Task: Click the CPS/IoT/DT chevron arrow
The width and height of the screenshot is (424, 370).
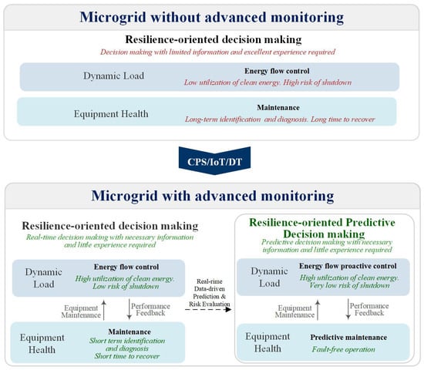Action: [214, 160]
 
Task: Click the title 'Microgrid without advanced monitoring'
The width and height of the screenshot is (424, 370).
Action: [212, 17]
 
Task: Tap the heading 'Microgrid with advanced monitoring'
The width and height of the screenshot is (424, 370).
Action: [213, 196]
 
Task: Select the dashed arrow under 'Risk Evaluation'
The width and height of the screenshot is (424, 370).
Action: [208, 309]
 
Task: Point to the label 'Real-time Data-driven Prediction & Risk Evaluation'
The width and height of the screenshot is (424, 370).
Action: [209, 293]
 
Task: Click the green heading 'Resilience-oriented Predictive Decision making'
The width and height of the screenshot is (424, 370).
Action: [322, 228]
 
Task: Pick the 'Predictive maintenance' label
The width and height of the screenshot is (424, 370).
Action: [348, 338]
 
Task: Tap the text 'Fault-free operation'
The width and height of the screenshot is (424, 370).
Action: [343, 349]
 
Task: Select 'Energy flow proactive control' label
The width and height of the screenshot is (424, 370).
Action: [348, 266]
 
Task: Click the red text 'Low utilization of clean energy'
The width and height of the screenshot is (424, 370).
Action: [232, 82]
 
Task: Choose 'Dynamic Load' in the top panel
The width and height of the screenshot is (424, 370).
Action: [113, 76]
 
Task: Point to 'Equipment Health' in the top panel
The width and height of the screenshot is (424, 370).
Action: [111, 114]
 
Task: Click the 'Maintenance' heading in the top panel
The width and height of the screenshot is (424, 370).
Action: [278, 108]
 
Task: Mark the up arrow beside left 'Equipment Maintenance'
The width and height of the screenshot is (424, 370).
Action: [104, 310]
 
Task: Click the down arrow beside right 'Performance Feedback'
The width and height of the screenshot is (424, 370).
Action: [348, 309]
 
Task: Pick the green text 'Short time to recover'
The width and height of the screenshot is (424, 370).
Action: [127, 356]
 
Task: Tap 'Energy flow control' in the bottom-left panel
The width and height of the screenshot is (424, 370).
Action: [126, 267]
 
